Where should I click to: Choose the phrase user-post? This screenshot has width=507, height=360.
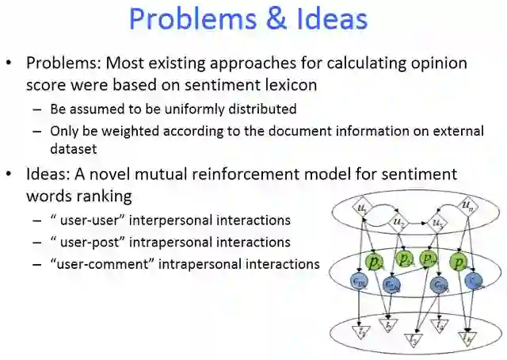point(86,242)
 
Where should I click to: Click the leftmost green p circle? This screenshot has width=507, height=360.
point(372,261)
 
